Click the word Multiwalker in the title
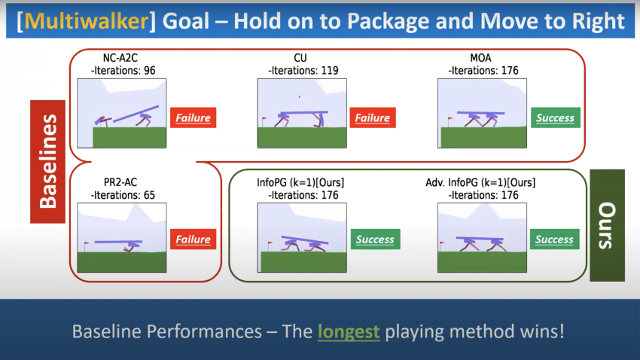87,21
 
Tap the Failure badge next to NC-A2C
193,117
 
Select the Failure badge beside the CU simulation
373,117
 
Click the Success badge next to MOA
556,117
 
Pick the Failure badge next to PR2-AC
193,239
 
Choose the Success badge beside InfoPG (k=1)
375,239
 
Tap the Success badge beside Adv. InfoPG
555,239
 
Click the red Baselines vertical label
47,162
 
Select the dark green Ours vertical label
607,225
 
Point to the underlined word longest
349,331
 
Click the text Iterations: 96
123,71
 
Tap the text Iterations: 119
303,71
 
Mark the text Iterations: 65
123,195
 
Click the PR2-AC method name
120,182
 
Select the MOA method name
480,58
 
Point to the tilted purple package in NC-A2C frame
136,114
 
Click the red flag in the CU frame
264,121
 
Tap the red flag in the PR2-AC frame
86,246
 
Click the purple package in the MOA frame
481,113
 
